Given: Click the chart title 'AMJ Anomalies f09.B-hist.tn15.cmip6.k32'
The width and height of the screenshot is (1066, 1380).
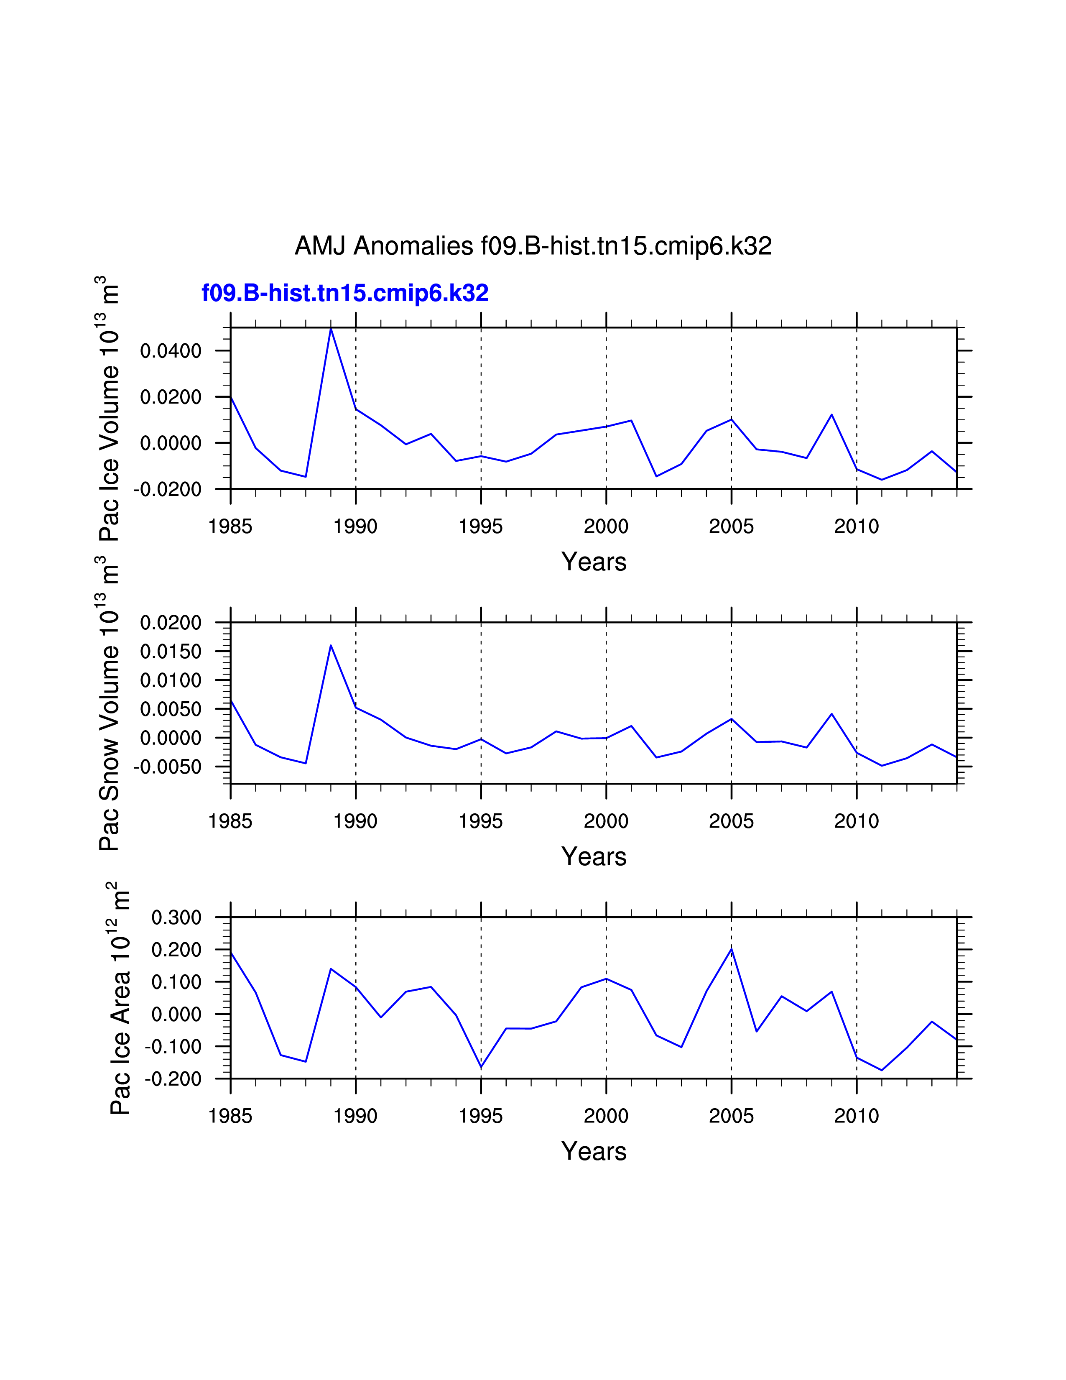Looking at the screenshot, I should pos(533,246).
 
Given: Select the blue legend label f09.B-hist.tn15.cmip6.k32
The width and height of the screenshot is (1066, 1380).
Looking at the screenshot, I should pos(345,293).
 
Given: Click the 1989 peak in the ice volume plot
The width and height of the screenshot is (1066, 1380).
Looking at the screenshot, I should pos(331,329).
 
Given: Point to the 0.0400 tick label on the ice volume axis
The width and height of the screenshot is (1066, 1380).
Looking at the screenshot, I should pos(171,351).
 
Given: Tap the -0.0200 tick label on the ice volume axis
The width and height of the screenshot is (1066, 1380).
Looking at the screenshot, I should pos(167,489).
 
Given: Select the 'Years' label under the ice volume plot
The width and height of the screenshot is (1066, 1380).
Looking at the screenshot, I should pos(594,562).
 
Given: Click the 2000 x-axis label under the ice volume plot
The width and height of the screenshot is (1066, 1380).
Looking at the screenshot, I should pos(606,526).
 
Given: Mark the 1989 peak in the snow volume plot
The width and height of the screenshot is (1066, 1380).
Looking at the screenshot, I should pos(331,645).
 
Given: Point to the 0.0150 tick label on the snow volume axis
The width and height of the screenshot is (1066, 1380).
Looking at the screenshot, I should pos(171,652).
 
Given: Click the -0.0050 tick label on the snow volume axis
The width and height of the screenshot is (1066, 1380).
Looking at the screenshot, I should pos(167,767).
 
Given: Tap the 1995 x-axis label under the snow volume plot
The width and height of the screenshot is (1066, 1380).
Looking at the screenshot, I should pos(481,821).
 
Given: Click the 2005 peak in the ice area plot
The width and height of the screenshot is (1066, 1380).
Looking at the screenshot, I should pos(731,949).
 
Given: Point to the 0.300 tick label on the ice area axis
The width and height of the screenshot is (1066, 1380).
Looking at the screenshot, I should pos(176,917).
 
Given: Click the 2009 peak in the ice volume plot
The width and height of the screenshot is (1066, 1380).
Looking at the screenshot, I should pos(832,414).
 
